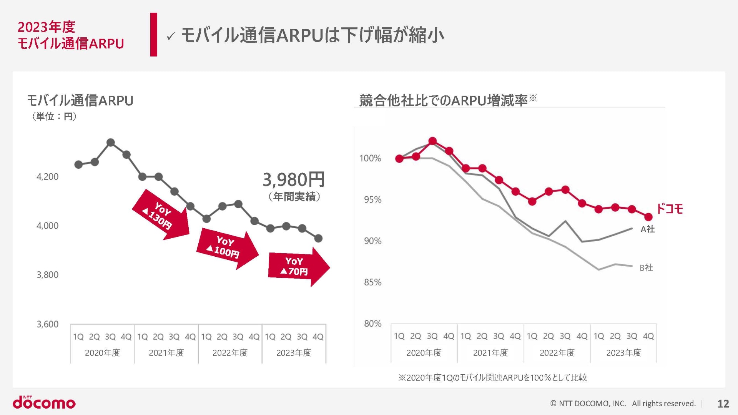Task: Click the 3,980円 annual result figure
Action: [294, 179]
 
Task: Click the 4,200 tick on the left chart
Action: [47, 177]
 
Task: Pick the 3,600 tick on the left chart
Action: [47, 324]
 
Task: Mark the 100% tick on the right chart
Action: [370, 158]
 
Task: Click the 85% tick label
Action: [372, 282]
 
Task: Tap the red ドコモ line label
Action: [669, 209]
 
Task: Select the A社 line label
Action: [647, 229]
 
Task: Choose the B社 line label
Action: [646, 268]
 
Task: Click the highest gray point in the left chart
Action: [111, 143]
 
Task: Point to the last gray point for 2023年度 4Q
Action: [318, 239]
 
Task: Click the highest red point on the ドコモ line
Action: [432, 141]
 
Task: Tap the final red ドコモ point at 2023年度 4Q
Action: [648, 217]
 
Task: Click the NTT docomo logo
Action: [44, 402]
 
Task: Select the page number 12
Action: [723, 403]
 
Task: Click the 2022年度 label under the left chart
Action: [230, 353]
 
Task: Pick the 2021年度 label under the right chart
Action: [490, 353]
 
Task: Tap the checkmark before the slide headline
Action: [171, 37]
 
